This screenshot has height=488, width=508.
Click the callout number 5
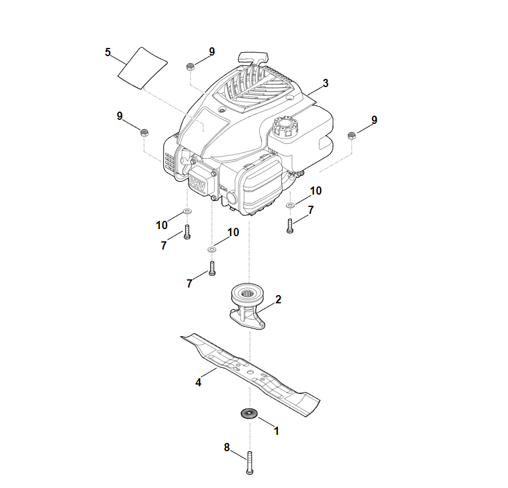pos(108,52)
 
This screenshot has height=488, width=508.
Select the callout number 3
pos(326,83)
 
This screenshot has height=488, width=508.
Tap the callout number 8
pos(227,448)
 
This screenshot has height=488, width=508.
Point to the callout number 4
pos(199,383)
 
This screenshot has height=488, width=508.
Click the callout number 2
pos(279,299)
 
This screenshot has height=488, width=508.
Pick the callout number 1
pos(276,431)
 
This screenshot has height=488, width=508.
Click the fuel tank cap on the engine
pos(285,126)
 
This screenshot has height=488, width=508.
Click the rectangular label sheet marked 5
pos(142,68)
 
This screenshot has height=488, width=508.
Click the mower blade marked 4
pos(250,374)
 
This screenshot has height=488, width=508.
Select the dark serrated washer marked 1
pos(249,413)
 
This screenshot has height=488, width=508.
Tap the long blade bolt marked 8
pos(250,462)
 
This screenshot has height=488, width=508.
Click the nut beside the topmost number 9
pos(190,67)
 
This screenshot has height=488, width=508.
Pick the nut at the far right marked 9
pos(352,136)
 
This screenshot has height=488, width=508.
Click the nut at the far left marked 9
pos(144,132)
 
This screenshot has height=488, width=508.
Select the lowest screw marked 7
pos(212,268)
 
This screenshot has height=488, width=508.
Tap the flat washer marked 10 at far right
pos(290,205)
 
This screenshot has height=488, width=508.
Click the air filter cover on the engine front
pos(261,186)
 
